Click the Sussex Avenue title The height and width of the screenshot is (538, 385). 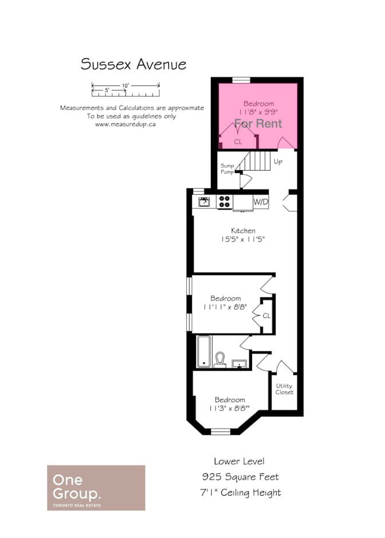(x=133, y=64)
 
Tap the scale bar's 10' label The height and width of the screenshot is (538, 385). (x=125, y=85)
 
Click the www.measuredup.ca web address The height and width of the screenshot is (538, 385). (x=125, y=124)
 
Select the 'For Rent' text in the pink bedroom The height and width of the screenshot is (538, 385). (x=258, y=124)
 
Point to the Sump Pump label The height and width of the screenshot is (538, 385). (x=227, y=168)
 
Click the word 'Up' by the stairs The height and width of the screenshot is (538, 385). (x=278, y=162)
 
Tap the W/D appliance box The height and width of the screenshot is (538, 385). (x=261, y=202)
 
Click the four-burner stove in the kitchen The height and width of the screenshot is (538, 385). (x=225, y=202)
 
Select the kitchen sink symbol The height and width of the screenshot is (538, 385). (x=204, y=202)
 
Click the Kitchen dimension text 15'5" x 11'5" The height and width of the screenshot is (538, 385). (x=243, y=239)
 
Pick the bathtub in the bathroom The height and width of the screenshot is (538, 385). (x=204, y=351)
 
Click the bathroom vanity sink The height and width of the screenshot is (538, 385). (x=239, y=364)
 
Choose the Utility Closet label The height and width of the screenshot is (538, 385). (x=285, y=389)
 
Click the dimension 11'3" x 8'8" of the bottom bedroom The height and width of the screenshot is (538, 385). (x=229, y=409)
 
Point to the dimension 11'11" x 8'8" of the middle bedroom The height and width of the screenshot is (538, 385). (x=225, y=307)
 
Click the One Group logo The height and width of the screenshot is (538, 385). (x=96, y=488)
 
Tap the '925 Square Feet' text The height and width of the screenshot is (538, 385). (x=240, y=477)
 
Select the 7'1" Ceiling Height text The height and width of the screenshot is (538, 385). (x=241, y=493)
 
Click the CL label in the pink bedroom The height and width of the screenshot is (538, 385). (x=238, y=142)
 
